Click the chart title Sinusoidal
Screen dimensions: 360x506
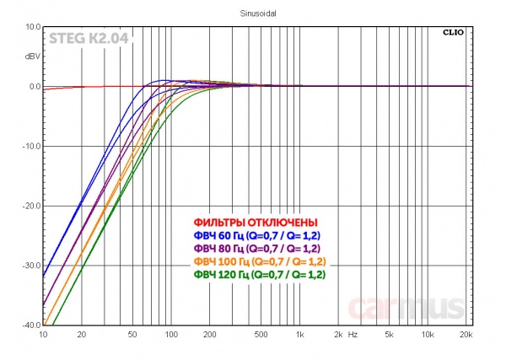click(x=252, y=13)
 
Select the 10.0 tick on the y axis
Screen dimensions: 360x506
click(x=31, y=27)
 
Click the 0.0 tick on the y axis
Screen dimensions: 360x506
click(x=33, y=87)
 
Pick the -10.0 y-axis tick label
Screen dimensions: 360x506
click(x=30, y=147)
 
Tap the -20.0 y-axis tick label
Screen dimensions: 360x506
click(x=30, y=206)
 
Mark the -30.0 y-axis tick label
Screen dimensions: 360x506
click(x=30, y=266)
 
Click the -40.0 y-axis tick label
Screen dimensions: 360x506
click(x=30, y=325)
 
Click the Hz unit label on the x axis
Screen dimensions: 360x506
click(x=353, y=336)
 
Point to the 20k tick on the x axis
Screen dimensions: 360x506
click(x=465, y=336)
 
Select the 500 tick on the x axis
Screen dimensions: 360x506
click(x=261, y=336)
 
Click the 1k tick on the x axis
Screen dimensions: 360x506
click(x=299, y=336)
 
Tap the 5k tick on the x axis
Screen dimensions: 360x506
click(x=389, y=336)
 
